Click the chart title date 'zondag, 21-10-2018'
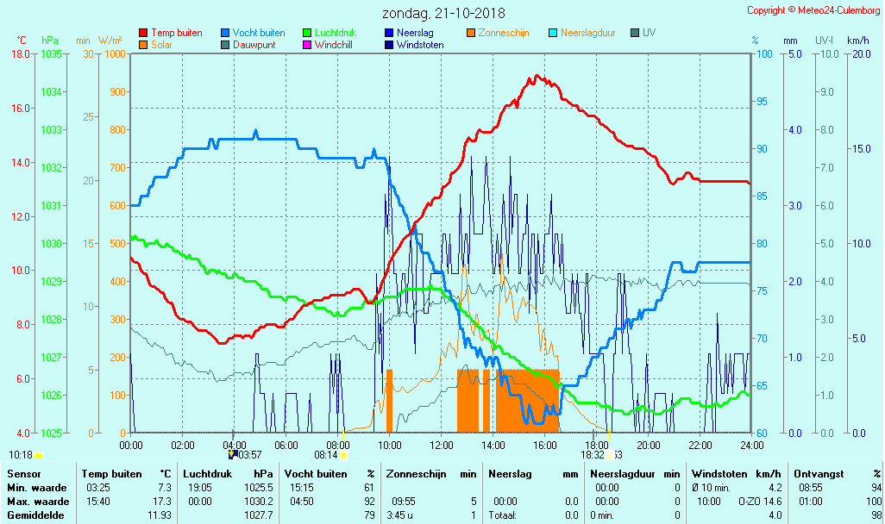[444, 14]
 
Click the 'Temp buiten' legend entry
[176, 33]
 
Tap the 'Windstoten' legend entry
[420, 45]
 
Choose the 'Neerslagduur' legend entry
[587, 33]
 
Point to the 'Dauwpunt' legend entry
[253, 45]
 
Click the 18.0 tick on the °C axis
[22, 54]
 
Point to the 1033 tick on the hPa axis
[51, 130]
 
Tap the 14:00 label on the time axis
[493, 445]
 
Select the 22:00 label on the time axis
[700, 445]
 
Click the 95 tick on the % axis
[762, 102]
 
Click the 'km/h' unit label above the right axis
[857, 41]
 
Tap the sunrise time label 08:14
[325, 454]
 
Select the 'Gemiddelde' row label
[33, 515]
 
